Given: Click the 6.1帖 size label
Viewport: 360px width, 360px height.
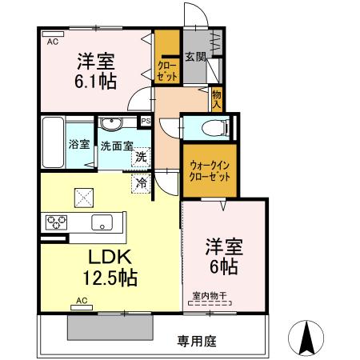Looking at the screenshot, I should click(x=95, y=80).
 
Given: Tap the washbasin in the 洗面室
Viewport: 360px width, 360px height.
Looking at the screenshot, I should click(x=110, y=123).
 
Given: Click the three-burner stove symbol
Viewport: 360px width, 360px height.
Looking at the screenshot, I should click(x=56, y=221).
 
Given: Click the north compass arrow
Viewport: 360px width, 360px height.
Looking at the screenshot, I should click(x=306, y=337).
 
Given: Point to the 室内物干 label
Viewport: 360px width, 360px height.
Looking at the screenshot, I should click(x=210, y=296).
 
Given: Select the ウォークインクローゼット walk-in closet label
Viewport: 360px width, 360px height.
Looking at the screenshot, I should click(x=209, y=171).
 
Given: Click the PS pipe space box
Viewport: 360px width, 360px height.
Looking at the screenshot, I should click(x=146, y=121).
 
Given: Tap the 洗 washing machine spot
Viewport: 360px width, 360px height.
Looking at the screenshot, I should click(x=140, y=158).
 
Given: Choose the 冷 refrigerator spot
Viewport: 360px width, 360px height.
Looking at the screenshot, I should click(x=141, y=183).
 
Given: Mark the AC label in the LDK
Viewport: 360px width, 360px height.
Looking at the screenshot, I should click(x=81, y=300).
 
